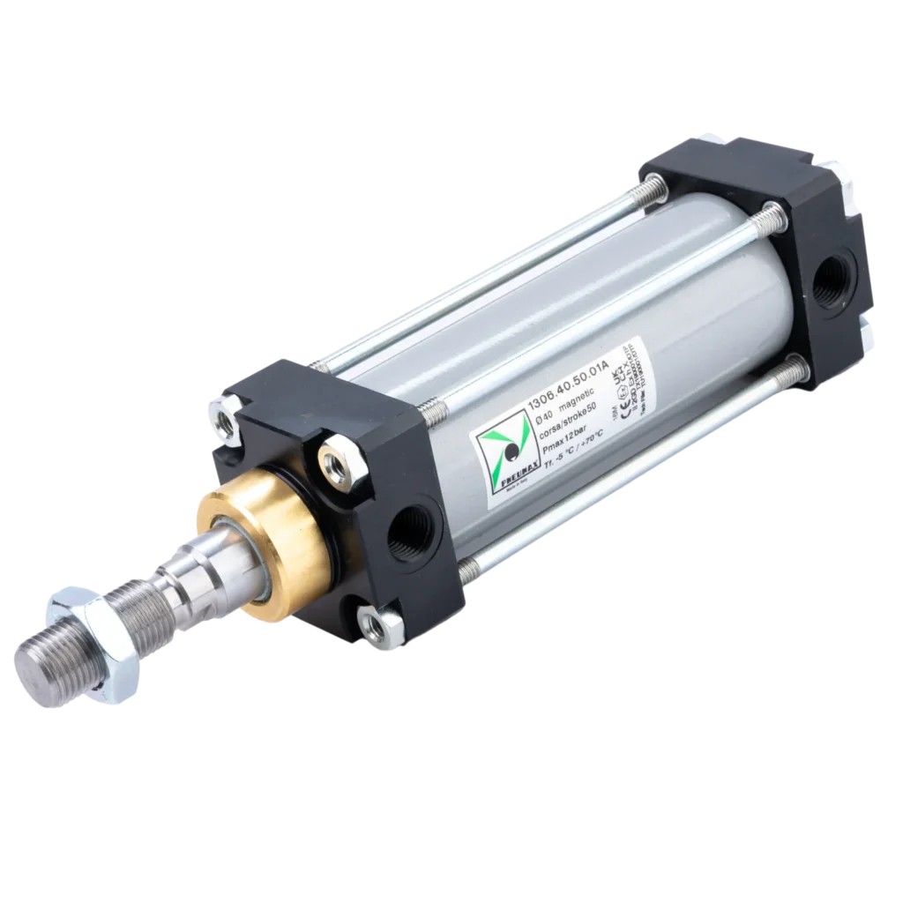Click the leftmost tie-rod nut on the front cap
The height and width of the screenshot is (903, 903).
tap(225, 419)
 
